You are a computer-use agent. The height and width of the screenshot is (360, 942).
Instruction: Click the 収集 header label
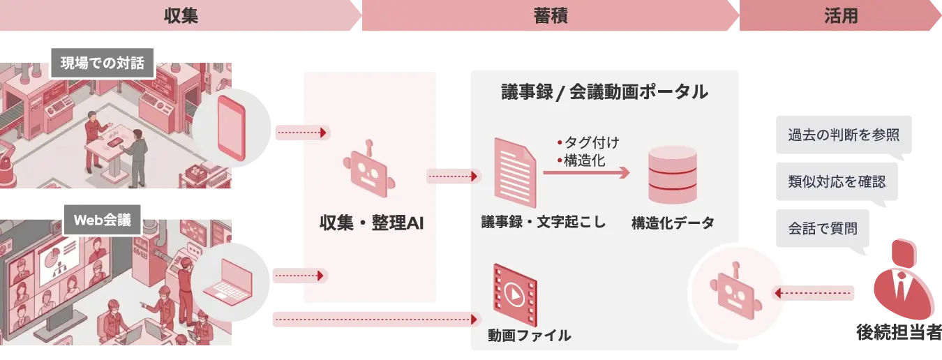181,16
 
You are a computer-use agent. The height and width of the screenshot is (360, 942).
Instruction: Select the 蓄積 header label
548,16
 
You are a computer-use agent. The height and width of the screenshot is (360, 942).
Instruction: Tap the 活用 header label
840,16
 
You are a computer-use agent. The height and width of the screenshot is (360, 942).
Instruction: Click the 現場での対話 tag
102,64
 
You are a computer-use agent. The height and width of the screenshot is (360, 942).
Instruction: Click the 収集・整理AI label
371,223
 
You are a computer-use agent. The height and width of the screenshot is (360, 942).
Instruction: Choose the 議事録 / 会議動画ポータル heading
604,91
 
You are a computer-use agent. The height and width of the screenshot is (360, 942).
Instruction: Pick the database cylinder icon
673,174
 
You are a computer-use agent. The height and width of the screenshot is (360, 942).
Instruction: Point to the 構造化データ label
673,223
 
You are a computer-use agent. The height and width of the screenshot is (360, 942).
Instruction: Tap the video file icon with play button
514,292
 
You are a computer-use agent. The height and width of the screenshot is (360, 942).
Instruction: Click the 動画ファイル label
530,336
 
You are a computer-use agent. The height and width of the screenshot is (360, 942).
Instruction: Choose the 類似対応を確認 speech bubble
837,182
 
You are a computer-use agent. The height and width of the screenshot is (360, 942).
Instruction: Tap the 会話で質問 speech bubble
823,228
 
